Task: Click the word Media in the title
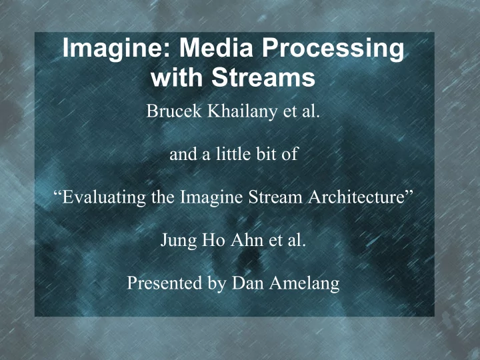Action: (x=216, y=48)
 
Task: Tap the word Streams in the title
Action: (x=263, y=77)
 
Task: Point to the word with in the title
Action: (x=177, y=77)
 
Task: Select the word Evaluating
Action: (x=104, y=197)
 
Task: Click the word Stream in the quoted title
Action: (x=275, y=197)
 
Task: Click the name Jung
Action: (x=178, y=241)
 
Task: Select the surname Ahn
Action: (x=247, y=239)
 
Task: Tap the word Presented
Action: (x=165, y=283)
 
